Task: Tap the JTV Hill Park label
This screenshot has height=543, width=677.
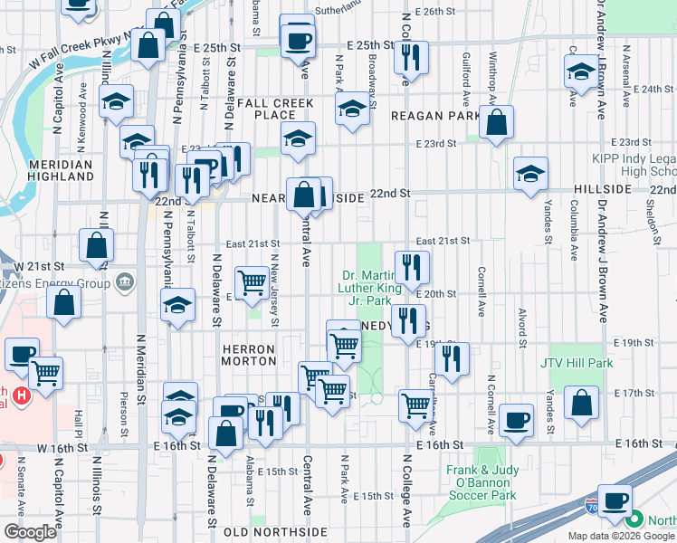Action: [x=577, y=363]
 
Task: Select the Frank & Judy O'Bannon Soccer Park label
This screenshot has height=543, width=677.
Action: [x=481, y=483]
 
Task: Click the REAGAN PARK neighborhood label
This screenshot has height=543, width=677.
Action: [x=435, y=116]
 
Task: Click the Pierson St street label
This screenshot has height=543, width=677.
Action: [x=123, y=406]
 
